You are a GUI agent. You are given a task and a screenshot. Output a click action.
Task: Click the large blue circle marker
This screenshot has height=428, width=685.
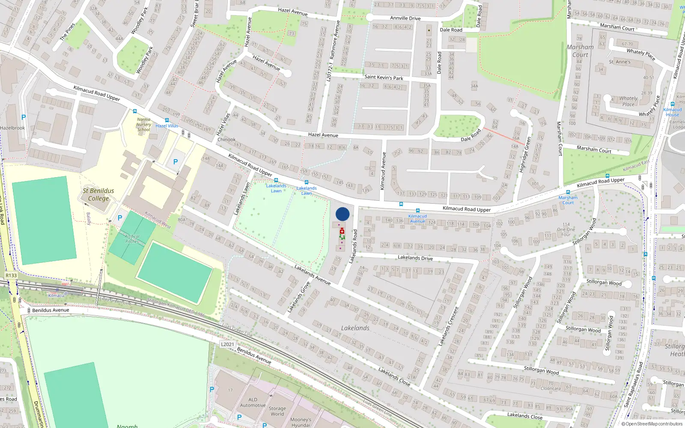(x=342, y=214)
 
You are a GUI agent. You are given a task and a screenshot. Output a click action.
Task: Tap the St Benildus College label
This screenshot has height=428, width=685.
(x=98, y=194)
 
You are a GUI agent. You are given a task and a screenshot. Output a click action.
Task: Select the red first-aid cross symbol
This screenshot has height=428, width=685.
(x=342, y=231)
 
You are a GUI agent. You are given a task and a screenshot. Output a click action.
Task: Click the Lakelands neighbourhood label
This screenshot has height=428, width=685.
(x=355, y=328)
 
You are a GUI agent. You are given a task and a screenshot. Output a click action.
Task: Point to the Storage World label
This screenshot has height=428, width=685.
(x=277, y=411)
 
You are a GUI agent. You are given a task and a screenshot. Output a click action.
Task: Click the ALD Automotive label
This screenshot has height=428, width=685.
(x=253, y=402)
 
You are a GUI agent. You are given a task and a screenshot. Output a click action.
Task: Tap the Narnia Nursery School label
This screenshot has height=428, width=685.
(x=143, y=125)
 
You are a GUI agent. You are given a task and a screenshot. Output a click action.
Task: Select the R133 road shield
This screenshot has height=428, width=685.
(x=11, y=275)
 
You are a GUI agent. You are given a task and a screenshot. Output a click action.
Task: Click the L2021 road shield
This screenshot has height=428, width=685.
(x=228, y=344)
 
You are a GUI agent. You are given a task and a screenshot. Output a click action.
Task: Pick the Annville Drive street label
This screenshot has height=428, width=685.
(x=405, y=18)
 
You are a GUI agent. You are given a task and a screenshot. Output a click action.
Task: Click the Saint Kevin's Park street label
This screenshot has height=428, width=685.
(x=384, y=77)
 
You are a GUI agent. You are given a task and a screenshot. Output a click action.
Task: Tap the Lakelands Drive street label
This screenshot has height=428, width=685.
(x=415, y=258)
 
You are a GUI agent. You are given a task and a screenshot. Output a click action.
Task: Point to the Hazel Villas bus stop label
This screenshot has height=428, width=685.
(x=167, y=126)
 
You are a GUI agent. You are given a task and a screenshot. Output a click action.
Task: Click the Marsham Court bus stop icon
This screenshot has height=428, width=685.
(x=568, y=192)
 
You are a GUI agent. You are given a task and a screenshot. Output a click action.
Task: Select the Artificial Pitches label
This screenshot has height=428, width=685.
(x=132, y=239)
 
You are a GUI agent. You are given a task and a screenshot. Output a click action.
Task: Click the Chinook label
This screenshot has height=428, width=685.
(x=226, y=140)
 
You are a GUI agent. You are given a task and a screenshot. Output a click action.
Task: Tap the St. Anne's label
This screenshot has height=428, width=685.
(x=619, y=62)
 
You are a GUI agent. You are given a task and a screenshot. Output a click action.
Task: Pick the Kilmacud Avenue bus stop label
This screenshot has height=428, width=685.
(x=417, y=219)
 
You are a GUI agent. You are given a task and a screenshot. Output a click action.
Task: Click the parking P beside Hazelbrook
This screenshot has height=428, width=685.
(x=24, y=117)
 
